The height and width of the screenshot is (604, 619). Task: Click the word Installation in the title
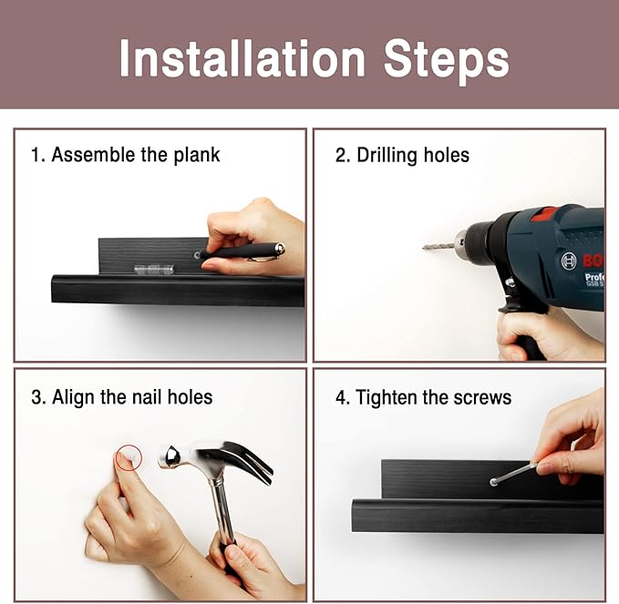point(242,58)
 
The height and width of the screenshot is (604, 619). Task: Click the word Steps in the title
point(446,61)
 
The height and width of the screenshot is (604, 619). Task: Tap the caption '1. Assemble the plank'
point(126,155)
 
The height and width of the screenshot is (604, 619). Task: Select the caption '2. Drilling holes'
point(402,155)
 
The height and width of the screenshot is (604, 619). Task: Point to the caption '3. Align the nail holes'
point(121,397)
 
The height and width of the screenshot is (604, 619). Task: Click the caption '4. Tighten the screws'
point(423,397)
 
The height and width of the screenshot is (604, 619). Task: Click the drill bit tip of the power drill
point(424,248)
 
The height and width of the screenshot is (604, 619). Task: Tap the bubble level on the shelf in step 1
point(154,270)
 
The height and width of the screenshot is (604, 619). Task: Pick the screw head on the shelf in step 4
point(493,482)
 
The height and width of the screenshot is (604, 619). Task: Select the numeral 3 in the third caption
point(36,397)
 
